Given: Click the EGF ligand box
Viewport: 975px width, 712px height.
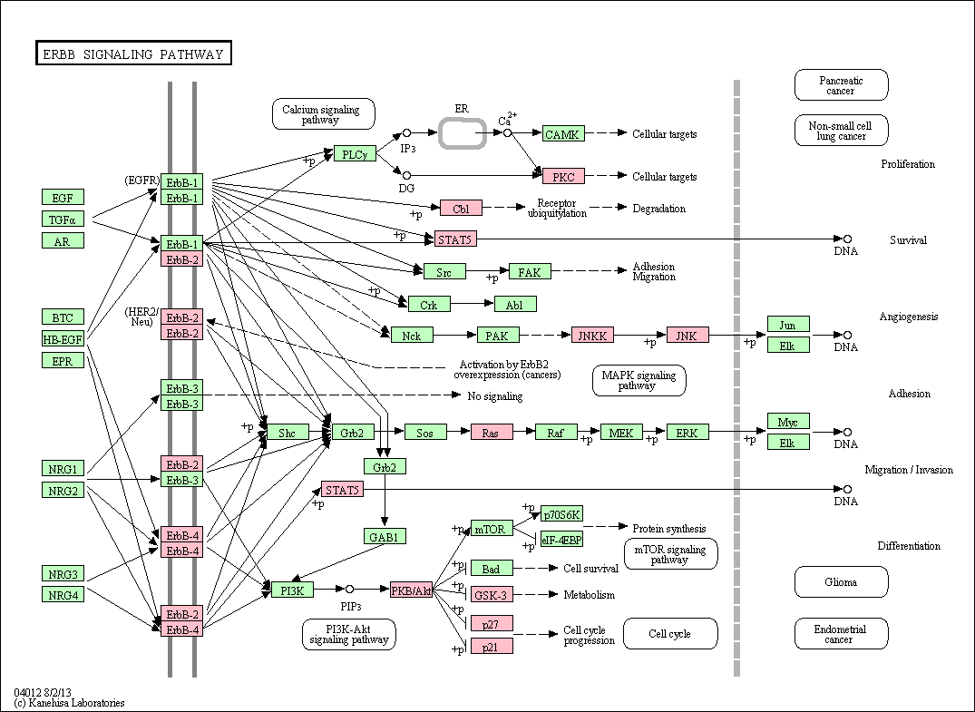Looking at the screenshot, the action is [x=63, y=197].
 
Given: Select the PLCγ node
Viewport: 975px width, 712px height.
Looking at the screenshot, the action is [x=355, y=153].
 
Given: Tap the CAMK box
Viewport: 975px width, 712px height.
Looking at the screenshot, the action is [x=563, y=133].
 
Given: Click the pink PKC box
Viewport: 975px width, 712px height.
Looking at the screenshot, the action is [x=563, y=176].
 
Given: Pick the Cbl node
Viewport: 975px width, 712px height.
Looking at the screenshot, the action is [x=461, y=209].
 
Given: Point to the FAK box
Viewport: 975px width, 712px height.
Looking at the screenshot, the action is [x=530, y=271].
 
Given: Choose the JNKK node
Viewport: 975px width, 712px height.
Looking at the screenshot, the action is [x=592, y=336].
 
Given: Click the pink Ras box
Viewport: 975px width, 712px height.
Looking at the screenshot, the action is [x=492, y=432].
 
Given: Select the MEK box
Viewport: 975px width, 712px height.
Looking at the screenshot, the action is [x=621, y=432].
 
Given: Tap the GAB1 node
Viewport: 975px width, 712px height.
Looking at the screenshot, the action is [x=385, y=536].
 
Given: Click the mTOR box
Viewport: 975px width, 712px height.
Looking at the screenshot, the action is [x=492, y=529].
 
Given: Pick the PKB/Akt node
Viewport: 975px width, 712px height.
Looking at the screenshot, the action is [x=411, y=590].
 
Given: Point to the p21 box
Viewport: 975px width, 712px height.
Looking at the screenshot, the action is [x=492, y=646].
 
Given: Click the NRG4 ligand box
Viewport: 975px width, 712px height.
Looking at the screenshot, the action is [x=63, y=594].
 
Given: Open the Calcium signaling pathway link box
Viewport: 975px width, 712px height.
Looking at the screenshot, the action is [x=324, y=113].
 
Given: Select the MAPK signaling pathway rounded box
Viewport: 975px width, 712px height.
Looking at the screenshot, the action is [x=639, y=380].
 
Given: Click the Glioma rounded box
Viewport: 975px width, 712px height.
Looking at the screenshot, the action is [x=842, y=582].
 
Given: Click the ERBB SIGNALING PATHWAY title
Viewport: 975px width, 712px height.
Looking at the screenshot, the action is [x=133, y=54].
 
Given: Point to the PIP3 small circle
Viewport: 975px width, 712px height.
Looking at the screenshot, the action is [x=349, y=589].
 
